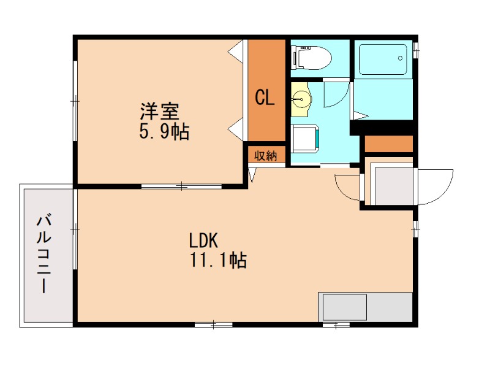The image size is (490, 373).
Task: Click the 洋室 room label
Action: pyautogui.click(x=159, y=111)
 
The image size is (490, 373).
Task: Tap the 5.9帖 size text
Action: pyautogui.click(x=164, y=132)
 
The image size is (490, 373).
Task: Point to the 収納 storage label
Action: pyautogui.click(x=266, y=156)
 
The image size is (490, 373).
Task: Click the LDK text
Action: pyautogui.click(x=203, y=241)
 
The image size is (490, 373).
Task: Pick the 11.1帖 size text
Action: pyautogui.click(x=219, y=260)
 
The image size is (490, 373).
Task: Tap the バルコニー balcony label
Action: pyautogui.click(x=44, y=253)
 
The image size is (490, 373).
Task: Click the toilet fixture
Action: pyautogui.click(x=311, y=58)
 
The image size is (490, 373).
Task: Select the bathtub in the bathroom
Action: pyautogui.click(x=383, y=60)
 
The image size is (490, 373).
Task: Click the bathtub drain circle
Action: pyautogui.click(x=400, y=58)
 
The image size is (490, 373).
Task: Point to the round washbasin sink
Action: pyautogui.click(x=301, y=99)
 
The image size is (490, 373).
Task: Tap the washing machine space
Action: pyautogui.click(x=305, y=138)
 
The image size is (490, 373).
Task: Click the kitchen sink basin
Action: pyautogui.click(x=345, y=307)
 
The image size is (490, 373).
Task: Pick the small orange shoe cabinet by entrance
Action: pyautogui.click(x=389, y=144)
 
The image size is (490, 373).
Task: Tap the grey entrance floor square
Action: pyautogui.click(x=394, y=186)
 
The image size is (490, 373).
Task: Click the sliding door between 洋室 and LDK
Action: pyautogui.click(x=181, y=187)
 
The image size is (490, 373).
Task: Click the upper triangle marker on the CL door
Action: pyautogui.click(x=236, y=50)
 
